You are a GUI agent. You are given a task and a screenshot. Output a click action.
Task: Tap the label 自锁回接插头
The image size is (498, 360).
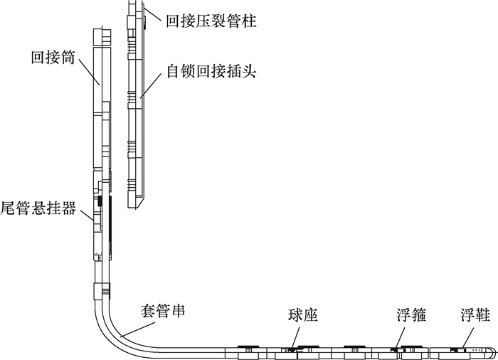(x=210, y=72)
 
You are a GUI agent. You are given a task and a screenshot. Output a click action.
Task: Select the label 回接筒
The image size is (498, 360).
(x=51, y=57)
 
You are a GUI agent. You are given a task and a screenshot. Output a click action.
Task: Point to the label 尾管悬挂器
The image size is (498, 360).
(x=38, y=209)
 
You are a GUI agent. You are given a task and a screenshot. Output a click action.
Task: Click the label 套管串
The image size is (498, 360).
(x=158, y=311)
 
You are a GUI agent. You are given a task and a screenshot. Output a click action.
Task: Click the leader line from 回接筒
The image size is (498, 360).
(x=87, y=75)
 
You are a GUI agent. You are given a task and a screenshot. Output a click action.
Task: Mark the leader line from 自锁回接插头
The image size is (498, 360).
(x=153, y=83)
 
